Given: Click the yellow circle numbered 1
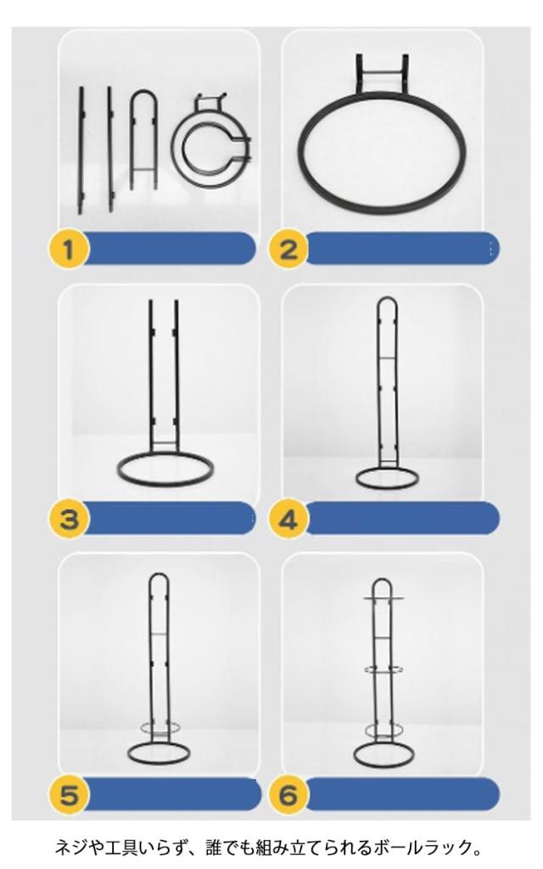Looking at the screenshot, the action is click(x=68, y=249).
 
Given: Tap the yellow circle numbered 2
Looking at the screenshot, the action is click(x=288, y=249).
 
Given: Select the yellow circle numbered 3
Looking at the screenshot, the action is click(x=68, y=519).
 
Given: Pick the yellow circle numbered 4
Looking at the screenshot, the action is click(x=288, y=519).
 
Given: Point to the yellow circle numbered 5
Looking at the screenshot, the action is click(x=68, y=795).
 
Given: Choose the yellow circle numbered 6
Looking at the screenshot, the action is click(x=288, y=795).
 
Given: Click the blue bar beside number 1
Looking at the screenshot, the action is click(x=169, y=249).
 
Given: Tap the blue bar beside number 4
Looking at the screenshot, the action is click(x=401, y=519).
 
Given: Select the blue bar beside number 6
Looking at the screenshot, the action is click(x=401, y=794).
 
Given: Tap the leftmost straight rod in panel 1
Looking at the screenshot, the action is click(x=81, y=149).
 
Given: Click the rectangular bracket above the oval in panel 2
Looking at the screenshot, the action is click(x=382, y=73).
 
